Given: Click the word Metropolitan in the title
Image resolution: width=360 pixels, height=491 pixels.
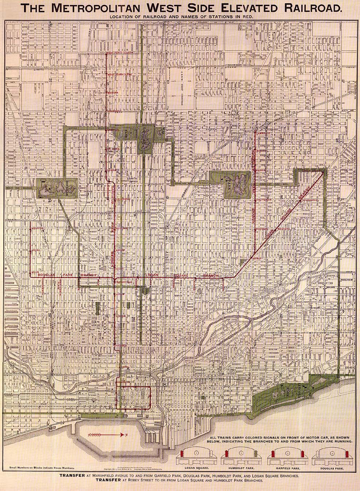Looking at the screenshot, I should pos(120,8).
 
